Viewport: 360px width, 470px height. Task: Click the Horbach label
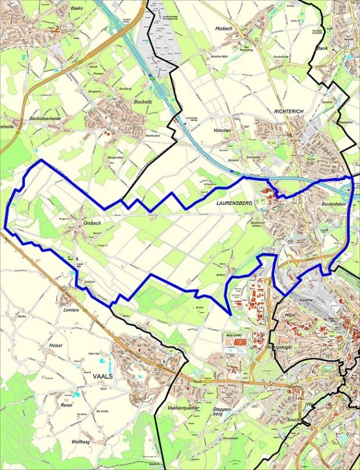tap(224, 29)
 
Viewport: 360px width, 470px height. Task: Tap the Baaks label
tap(76, 9)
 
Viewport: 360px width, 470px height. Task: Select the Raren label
tap(67, 405)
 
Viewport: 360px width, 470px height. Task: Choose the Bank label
tap(322, 48)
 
